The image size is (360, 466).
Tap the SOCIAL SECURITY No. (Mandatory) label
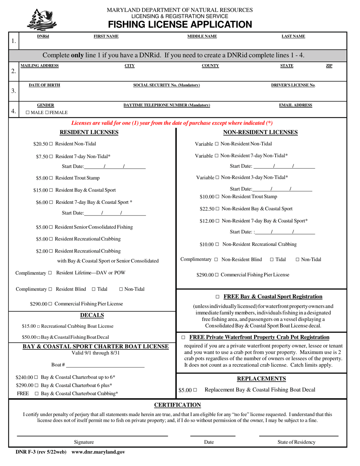167,85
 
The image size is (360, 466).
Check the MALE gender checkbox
28,113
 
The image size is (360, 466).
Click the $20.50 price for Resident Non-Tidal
40,144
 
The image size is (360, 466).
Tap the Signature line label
84,442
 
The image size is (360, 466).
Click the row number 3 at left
14,91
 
